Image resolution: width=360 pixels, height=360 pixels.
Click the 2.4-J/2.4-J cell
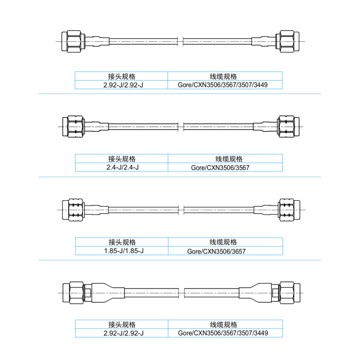(121, 167)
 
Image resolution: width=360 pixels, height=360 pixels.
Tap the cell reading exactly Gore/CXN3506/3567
(225, 167)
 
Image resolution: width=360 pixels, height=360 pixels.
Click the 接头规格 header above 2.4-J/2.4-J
(121, 159)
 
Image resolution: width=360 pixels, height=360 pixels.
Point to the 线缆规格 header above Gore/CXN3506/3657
(225, 242)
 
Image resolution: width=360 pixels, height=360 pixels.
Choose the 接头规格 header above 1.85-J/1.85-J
(121, 242)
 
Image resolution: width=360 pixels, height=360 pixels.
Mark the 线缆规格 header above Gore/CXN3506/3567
(225, 159)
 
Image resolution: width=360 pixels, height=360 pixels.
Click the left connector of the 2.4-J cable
(73, 126)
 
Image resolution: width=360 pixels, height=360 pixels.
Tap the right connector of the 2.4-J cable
(288, 126)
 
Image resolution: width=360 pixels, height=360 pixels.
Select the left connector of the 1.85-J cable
(73, 210)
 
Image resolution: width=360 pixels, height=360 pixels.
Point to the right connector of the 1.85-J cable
(288, 210)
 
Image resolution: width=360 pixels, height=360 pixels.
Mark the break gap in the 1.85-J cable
(181, 210)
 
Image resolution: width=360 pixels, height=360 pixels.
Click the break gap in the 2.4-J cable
(181, 126)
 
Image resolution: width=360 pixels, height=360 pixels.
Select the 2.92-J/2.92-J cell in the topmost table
(121, 85)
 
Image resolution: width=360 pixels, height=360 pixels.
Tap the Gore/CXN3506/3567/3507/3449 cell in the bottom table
(225, 333)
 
